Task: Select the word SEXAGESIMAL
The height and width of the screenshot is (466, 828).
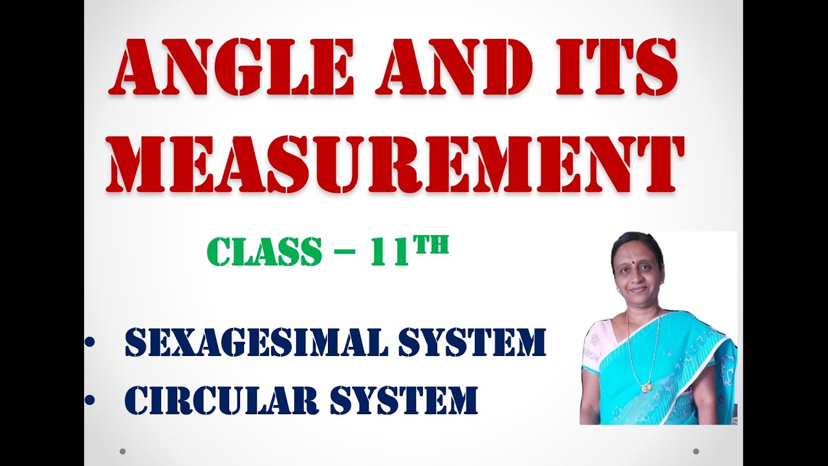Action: pyautogui.click(x=256, y=344)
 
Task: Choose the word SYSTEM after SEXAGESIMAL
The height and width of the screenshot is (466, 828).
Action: pyautogui.click(x=472, y=344)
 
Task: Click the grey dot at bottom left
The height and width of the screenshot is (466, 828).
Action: pyautogui.click(x=122, y=451)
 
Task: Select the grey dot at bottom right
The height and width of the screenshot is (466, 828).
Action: pyautogui.click(x=696, y=451)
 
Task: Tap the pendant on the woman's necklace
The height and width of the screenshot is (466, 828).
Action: pyautogui.click(x=645, y=388)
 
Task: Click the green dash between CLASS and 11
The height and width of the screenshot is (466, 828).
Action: pyautogui.click(x=345, y=252)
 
